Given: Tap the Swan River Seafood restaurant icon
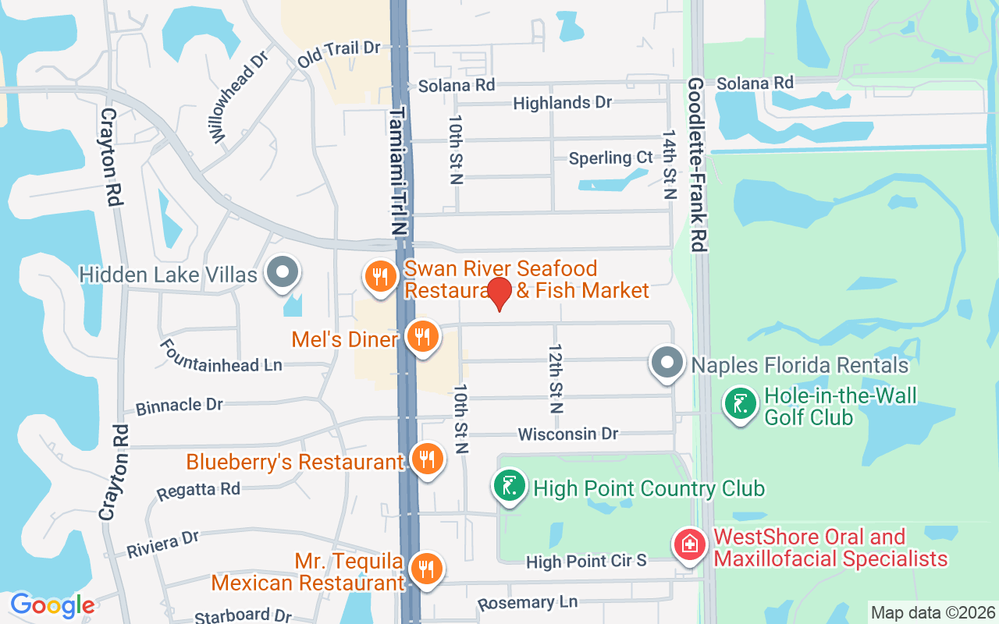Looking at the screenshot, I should (x=381, y=276).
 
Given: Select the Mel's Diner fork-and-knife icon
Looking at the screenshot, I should (x=422, y=337).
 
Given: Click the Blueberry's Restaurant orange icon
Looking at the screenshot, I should (x=426, y=459).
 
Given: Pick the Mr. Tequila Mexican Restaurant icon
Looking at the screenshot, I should (x=426, y=569).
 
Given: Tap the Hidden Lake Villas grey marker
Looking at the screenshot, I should (x=283, y=273).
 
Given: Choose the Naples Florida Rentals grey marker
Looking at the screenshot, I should (x=667, y=363).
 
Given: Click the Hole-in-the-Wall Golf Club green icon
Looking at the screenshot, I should (x=740, y=404).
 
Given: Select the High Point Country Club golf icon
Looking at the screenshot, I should (x=510, y=487).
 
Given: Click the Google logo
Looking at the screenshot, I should (x=52, y=605).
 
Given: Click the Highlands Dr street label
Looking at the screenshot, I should (x=562, y=102).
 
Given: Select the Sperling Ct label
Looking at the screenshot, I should (x=610, y=158).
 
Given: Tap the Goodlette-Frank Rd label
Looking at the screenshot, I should (x=697, y=164).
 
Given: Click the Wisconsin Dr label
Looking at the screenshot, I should (x=567, y=433).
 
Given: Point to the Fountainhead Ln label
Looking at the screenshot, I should (x=220, y=356).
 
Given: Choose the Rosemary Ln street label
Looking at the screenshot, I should (x=528, y=602).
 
